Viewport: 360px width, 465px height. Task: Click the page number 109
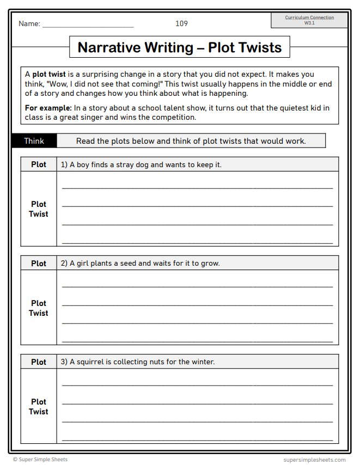(x=181, y=23)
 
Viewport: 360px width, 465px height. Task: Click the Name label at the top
(x=29, y=24)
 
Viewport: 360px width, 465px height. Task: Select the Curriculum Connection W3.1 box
(x=309, y=20)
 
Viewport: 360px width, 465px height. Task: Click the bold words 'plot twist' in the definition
(x=49, y=75)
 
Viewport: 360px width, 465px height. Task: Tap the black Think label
(x=34, y=141)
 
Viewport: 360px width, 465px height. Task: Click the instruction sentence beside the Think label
(x=191, y=141)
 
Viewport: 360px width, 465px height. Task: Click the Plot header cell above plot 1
(x=39, y=164)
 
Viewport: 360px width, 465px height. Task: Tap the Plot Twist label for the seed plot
(x=39, y=308)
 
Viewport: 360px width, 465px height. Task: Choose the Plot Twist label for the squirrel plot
(x=39, y=407)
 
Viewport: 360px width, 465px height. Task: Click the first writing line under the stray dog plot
(x=197, y=188)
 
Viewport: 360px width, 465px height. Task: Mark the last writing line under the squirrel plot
(x=197, y=439)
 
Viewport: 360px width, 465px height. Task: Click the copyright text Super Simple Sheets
(x=40, y=460)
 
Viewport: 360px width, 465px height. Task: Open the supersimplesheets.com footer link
(x=314, y=460)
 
